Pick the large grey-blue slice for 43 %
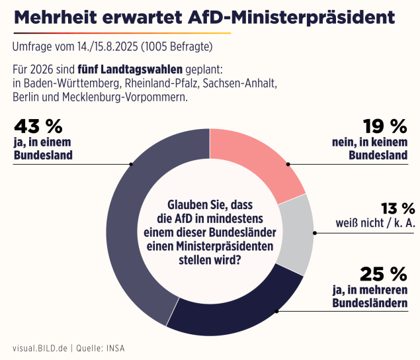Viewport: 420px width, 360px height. pyautogui.click(x=136, y=218)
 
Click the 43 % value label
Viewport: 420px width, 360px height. pyautogui.click(x=38, y=126)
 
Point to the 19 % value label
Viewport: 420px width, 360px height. pyautogui.click(x=384, y=126)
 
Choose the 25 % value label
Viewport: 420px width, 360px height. pyautogui.click(x=383, y=273)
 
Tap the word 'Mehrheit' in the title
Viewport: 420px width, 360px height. pyautogui.click(x=57, y=17)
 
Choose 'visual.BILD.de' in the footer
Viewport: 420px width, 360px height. pyautogui.click(x=40, y=347)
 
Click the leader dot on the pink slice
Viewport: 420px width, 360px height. pyautogui.click(x=288, y=164)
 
